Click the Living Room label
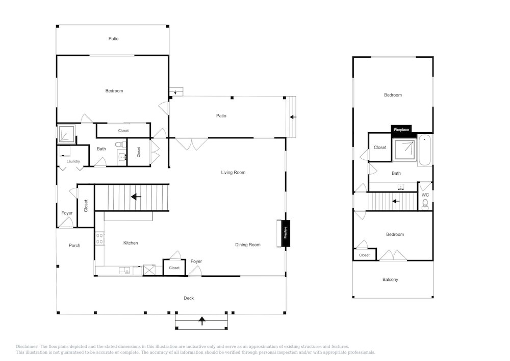tap(233, 173)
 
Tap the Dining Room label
tap(248, 245)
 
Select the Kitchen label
tap(131, 243)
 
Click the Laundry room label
tap(73, 161)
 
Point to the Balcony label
tap(390, 279)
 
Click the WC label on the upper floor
tap(425, 195)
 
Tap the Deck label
tap(189, 298)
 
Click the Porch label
tap(74, 246)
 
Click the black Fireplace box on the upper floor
tap(401, 130)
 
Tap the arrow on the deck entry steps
tap(202, 321)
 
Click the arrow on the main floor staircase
tap(136, 197)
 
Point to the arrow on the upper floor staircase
tap(396, 201)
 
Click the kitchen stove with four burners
tap(100, 238)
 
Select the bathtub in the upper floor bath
tap(425, 151)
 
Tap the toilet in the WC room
tap(425, 204)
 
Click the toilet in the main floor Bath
tap(121, 144)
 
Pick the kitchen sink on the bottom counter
tap(124, 270)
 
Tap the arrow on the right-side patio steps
tap(293, 117)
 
